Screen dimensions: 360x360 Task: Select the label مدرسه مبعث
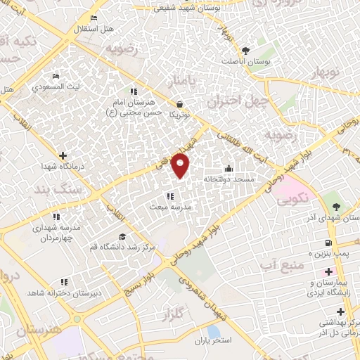pos(169,207)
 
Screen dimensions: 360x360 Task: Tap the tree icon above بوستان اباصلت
pos(245,51)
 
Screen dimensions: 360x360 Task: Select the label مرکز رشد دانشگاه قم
pos(123,248)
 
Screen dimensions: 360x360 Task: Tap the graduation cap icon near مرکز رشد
pos(122,237)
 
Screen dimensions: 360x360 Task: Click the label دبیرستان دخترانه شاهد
pos(64,292)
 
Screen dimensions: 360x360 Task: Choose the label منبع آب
pos(281,265)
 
